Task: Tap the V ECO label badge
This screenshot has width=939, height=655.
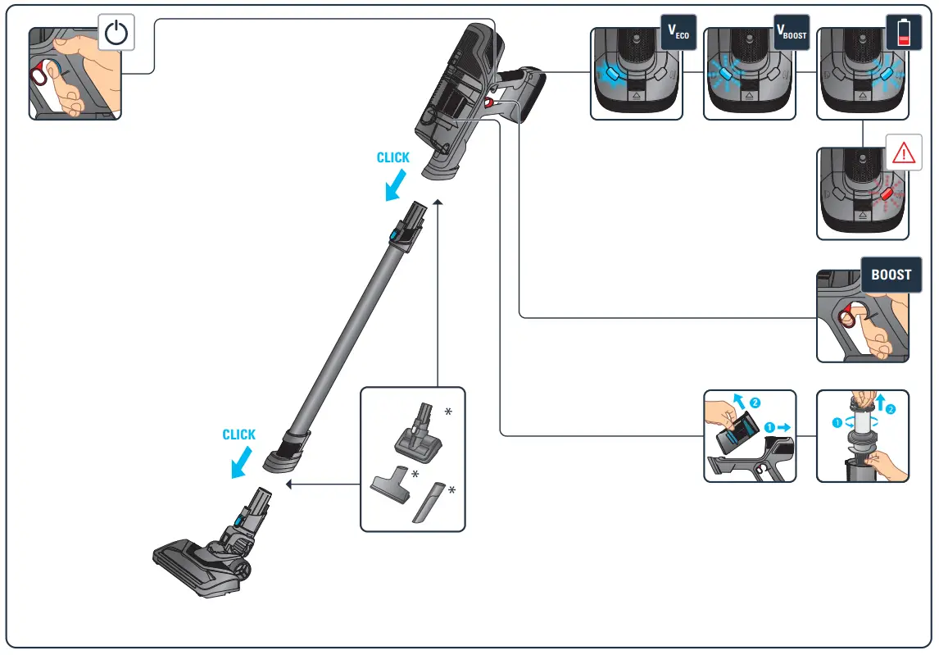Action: click(x=678, y=33)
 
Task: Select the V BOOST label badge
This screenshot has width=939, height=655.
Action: click(x=792, y=33)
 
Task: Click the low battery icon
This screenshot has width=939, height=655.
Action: click(x=904, y=33)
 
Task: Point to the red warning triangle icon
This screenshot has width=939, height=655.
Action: click(x=904, y=152)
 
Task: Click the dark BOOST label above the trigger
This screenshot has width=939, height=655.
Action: click(x=891, y=275)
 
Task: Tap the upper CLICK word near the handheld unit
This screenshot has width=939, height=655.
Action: click(x=393, y=158)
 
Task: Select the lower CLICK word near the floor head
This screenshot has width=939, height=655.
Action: click(x=239, y=435)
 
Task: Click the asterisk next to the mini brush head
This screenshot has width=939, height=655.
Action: click(x=447, y=412)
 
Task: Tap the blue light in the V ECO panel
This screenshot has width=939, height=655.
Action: click(x=612, y=75)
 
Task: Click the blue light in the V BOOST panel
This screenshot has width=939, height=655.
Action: click(x=725, y=75)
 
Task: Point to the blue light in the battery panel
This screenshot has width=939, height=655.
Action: click(x=885, y=74)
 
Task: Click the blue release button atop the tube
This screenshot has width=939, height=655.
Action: click(x=397, y=237)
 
